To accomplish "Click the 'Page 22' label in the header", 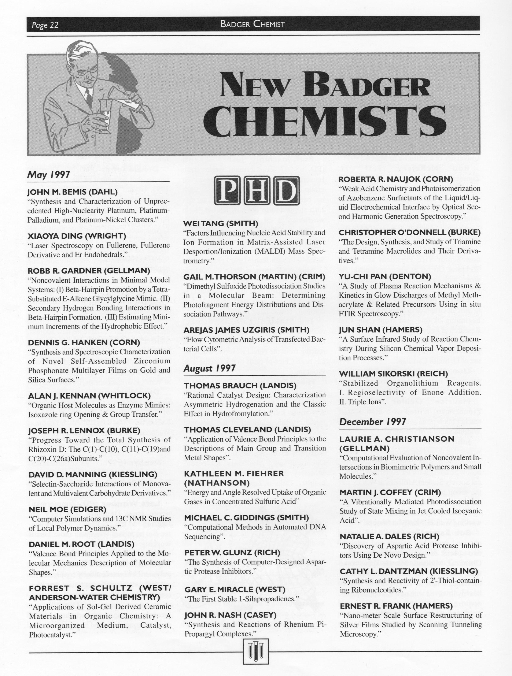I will pos(45,25).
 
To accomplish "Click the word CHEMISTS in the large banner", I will pos(324,122).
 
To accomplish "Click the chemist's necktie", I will pos(89,97).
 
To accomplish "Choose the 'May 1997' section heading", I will pos(49,175).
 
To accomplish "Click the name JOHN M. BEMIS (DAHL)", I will pos(73,192).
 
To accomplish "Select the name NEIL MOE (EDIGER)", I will pos(67,509).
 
